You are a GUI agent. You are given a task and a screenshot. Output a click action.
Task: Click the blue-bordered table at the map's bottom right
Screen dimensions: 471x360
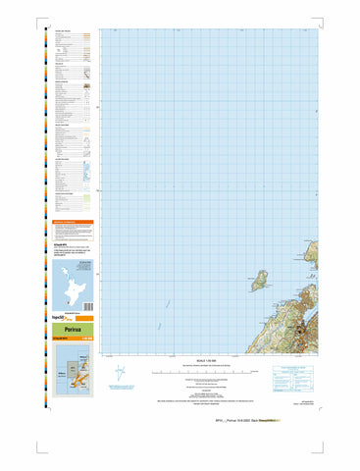point(294,375)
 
